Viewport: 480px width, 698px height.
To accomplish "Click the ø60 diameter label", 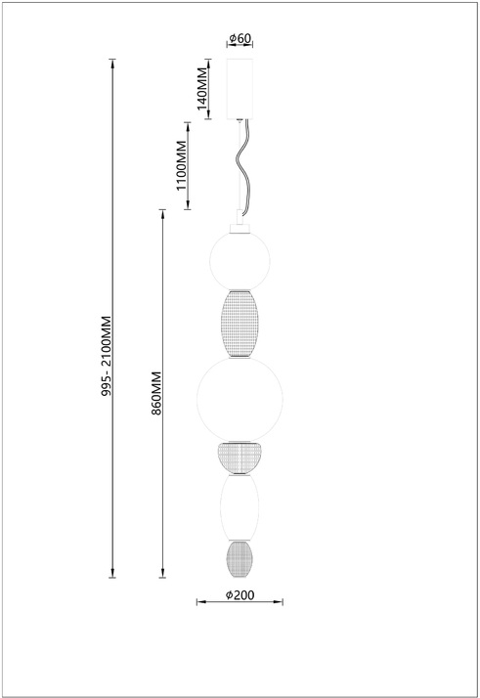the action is pyautogui.click(x=240, y=38).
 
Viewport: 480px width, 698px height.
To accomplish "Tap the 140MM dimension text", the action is pyautogui.click(x=202, y=89).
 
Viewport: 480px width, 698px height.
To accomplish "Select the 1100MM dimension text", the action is pyautogui.click(x=182, y=165).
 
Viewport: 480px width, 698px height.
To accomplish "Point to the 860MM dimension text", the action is pyautogui.click(x=156, y=393).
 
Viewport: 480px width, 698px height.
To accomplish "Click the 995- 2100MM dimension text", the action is pyautogui.click(x=107, y=356).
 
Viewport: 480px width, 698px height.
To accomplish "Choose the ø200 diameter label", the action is pyautogui.click(x=240, y=595).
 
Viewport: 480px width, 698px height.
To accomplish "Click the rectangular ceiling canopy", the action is pyautogui.click(x=240, y=89).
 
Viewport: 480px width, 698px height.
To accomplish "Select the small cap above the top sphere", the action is pyautogui.click(x=240, y=229).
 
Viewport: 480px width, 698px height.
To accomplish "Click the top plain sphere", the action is pyautogui.click(x=240, y=261).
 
